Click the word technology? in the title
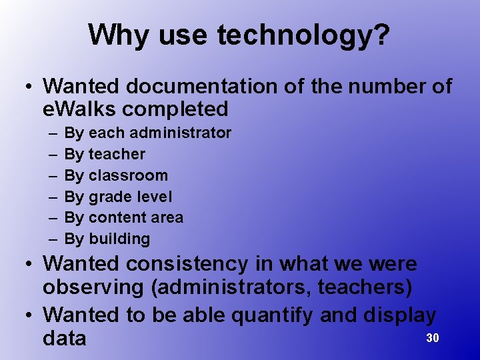[303, 35]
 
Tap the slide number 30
[433, 338]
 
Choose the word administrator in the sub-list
[189, 133]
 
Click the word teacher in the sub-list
[117, 154]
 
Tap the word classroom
[128, 175]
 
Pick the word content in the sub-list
[115, 217]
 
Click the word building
[119, 239]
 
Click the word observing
[95, 288]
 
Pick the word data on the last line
[64, 338]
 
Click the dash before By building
[52, 239]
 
